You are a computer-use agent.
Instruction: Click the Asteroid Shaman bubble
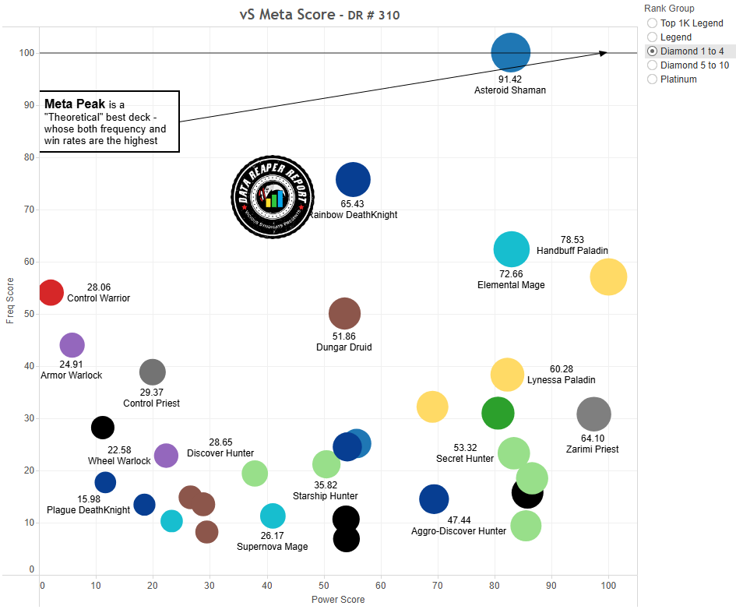(x=510, y=53)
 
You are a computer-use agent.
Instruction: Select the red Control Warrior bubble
(x=50, y=292)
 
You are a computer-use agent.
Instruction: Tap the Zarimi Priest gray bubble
(x=593, y=414)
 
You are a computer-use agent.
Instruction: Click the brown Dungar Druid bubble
(x=344, y=313)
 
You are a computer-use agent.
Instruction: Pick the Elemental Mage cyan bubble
(x=512, y=249)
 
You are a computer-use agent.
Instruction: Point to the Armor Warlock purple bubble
(x=72, y=344)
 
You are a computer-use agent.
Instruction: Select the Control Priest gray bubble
(x=153, y=372)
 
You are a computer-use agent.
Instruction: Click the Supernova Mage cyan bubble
(x=273, y=515)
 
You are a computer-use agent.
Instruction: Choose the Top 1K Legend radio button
(x=652, y=23)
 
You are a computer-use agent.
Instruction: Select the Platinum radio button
(x=652, y=79)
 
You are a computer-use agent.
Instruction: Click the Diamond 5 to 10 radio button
(x=652, y=65)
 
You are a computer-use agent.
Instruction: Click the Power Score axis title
(x=338, y=600)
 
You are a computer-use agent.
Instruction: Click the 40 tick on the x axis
(x=267, y=585)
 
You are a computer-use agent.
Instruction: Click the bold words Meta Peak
(x=75, y=104)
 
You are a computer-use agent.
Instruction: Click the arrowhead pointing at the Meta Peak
(x=604, y=53)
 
